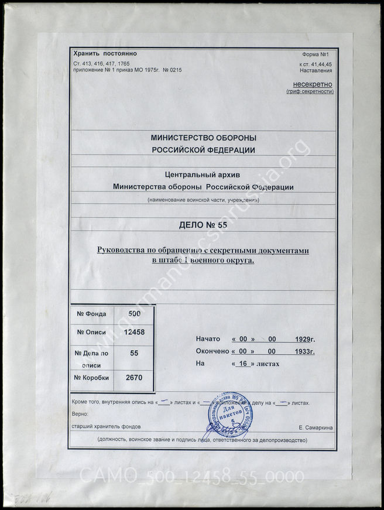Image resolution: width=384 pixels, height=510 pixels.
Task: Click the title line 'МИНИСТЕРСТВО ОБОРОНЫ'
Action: click(203, 138)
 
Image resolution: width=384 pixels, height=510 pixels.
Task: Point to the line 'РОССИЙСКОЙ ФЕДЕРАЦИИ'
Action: click(203, 150)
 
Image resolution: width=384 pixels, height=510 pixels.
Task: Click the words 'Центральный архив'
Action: click(203, 174)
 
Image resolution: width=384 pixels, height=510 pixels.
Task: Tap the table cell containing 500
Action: click(135, 314)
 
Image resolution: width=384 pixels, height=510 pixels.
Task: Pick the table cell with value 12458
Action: click(135, 332)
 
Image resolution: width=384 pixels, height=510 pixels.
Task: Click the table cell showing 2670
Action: click(135, 378)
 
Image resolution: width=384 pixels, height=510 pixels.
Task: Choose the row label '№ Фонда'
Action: click(91, 314)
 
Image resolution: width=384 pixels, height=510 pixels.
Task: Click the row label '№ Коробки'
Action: click(91, 378)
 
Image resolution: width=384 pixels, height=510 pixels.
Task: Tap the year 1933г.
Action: click(304, 351)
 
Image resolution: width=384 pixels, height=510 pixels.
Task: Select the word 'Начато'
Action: click(208, 339)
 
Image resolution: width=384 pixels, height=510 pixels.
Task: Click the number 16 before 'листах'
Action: click(242, 364)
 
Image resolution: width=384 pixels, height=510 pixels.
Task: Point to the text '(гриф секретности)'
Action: click(310, 92)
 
